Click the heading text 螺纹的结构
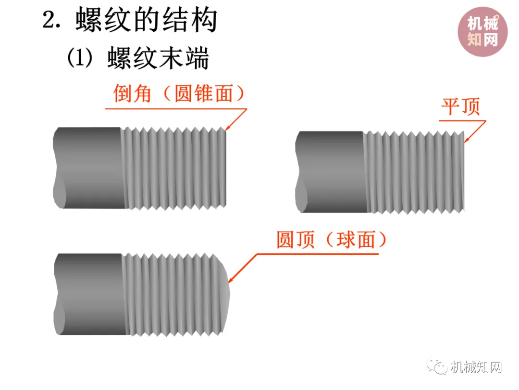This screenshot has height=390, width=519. click(146, 21)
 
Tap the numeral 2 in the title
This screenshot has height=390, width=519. click(49, 21)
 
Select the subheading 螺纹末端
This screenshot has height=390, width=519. click(158, 59)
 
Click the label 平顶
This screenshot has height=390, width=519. click(460, 107)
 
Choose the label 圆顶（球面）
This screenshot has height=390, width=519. click(331, 239)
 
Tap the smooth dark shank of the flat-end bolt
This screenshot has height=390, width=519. click(332, 171)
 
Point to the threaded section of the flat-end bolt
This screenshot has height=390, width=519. click(416, 172)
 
